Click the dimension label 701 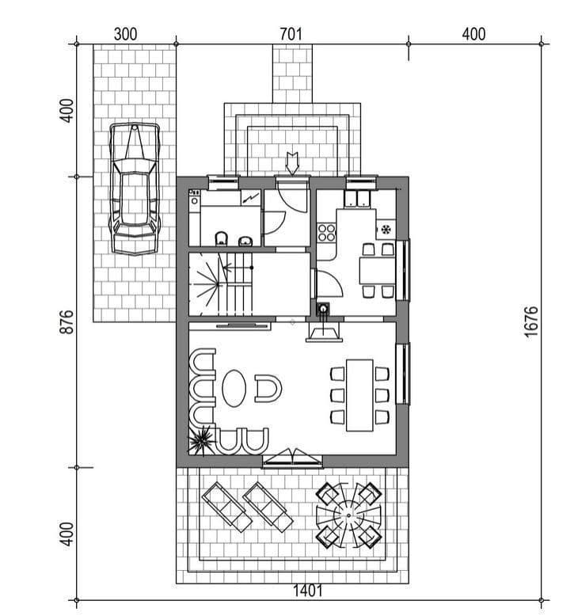[291, 34]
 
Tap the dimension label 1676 [530, 321]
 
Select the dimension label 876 [67, 322]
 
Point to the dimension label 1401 [308, 591]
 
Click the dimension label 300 [125, 34]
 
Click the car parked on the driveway [135, 189]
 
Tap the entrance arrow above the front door [292, 163]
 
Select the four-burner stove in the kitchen [326, 232]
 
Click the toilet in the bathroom [222, 239]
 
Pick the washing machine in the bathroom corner [194, 200]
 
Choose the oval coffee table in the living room [234, 388]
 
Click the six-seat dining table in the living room [359, 395]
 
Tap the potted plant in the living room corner [202, 440]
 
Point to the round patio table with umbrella [348, 515]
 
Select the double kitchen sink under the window [357, 199]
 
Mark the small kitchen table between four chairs [377, 270]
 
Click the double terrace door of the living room [292, 459]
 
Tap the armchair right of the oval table [268, 389]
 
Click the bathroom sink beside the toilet [245, 241]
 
